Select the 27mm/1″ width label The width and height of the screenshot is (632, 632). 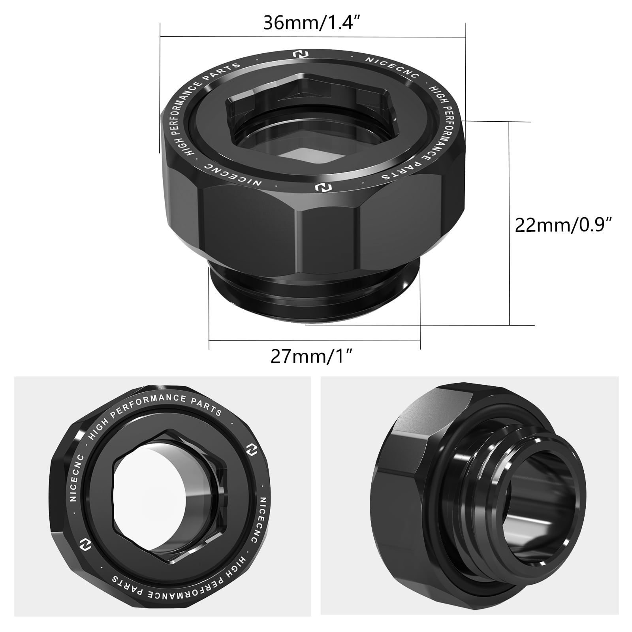311,357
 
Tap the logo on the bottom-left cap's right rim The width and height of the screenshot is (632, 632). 250,450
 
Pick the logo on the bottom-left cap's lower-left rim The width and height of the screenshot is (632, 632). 84,541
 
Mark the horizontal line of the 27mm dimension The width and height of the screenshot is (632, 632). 314,340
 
